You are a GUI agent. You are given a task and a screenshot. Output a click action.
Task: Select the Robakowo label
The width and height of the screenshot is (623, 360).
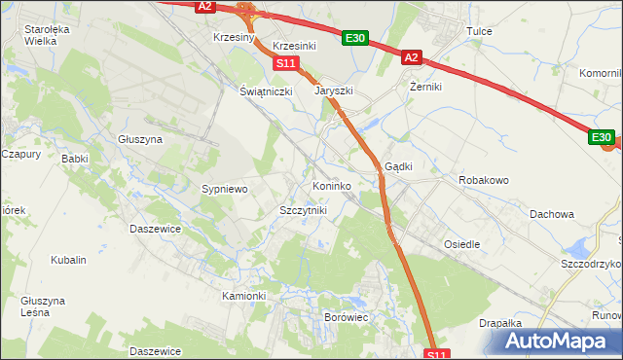coord(485,181)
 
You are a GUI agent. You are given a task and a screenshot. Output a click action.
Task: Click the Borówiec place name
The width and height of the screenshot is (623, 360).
coord(345,317)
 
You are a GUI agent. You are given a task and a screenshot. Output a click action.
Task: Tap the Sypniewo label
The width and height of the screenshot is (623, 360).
coord(226,189)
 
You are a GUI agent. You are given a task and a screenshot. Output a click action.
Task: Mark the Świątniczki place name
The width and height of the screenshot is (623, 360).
coord(267,90)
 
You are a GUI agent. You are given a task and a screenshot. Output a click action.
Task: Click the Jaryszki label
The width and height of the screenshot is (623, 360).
coord(333,90)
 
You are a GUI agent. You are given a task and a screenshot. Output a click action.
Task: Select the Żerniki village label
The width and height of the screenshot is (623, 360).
coord(425,87)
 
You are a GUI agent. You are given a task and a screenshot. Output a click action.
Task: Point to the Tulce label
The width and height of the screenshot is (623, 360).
coord(479,31)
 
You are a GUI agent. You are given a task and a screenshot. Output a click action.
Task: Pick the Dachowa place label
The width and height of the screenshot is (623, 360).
coord(552,213)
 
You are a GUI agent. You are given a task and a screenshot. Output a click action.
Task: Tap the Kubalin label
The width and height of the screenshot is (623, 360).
coord(69,260)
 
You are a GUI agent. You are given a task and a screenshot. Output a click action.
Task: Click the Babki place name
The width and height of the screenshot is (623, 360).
coord(74,158)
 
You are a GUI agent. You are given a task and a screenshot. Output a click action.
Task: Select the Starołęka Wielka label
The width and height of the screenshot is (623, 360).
coord(48,35)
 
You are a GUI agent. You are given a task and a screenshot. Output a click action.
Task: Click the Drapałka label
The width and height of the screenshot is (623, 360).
coord(501,323)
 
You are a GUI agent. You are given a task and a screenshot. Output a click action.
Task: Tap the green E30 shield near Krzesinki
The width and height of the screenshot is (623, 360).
coord(355,38)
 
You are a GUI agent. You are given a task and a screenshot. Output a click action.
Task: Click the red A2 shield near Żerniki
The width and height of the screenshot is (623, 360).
coord(411,58)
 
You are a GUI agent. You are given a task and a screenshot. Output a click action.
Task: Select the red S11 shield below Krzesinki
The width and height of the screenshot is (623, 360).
coord(284,63)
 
